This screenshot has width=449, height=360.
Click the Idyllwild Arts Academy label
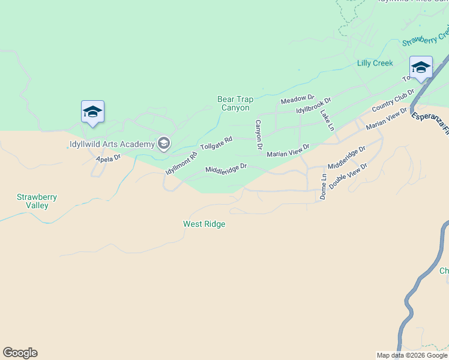coord(111,144)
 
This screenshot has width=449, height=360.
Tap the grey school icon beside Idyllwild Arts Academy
coord(163,143)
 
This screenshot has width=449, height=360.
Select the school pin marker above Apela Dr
coord(92,112)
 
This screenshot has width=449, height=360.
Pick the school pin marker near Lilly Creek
coord(421,67)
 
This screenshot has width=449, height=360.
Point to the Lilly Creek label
coord(375,63)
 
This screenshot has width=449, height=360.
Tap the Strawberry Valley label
coord(32,201)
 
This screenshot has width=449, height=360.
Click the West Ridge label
coord(204,224)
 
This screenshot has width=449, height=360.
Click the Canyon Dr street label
coord(259,134)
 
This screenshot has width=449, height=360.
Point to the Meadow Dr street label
coord(298,98)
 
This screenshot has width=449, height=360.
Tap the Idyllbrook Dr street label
coord(313,106)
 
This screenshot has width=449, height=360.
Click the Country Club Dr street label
coord(393,100)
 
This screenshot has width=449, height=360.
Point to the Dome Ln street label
coord(323,186)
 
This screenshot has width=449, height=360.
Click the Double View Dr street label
coord(348,177)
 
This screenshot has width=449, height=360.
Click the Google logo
coord(20,353)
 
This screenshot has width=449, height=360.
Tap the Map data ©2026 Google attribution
coord(412,355)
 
